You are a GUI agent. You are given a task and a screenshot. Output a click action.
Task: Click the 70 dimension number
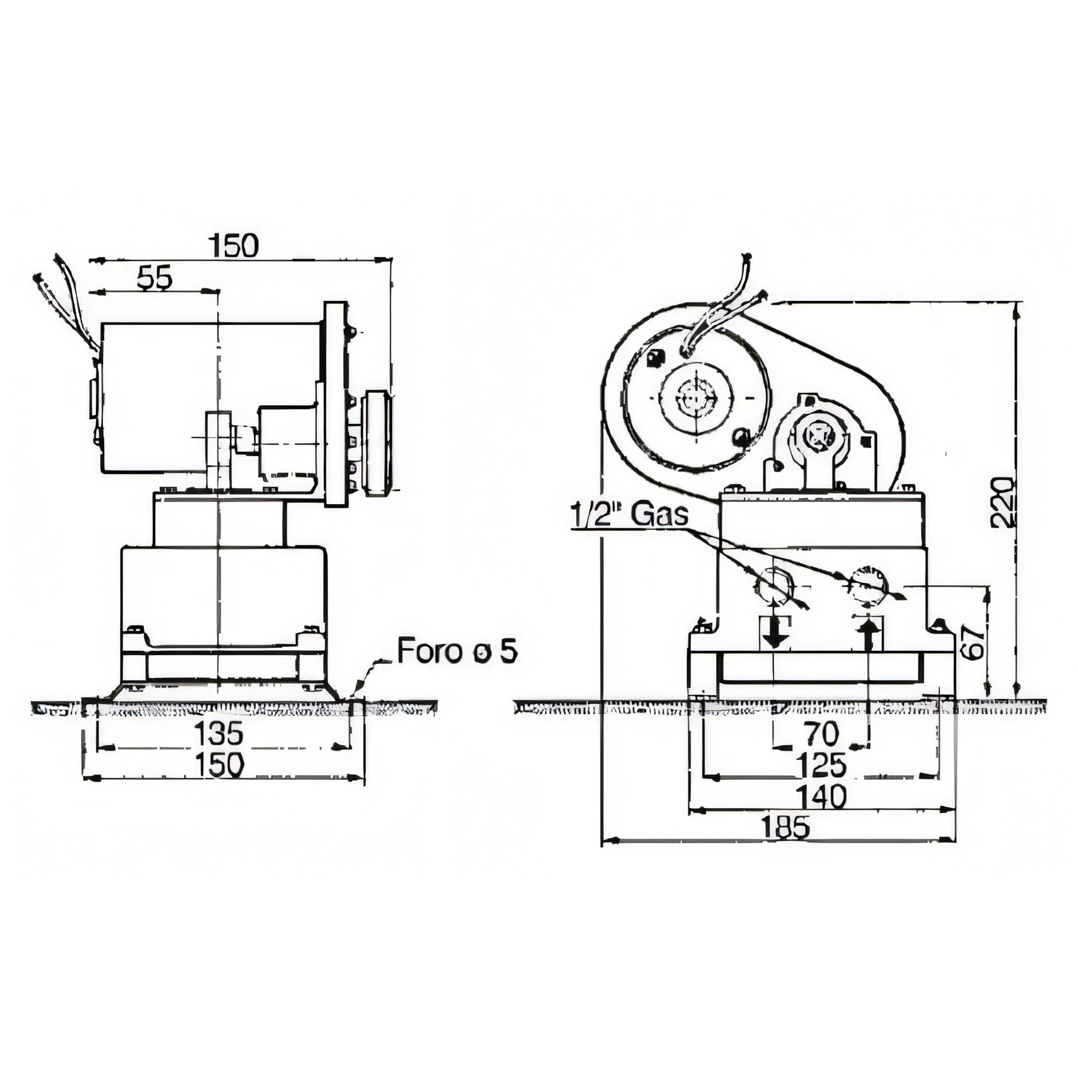(x=821, y=734)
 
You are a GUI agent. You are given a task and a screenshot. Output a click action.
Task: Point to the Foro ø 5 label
(x=457, y=651)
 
